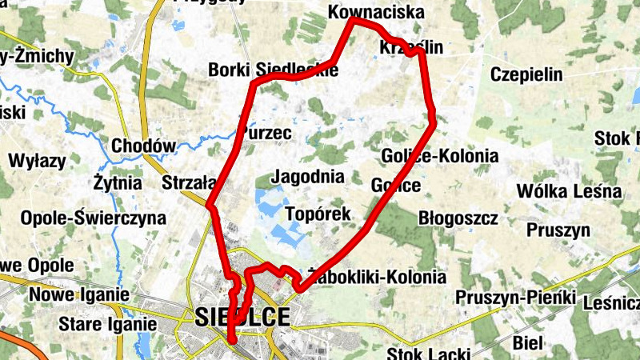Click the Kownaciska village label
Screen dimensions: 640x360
pyautogui.click(x=376, y=14)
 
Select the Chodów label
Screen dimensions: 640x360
pyautogui.click(x=143, y=146)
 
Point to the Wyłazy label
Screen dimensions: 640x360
pyautogui.click(x=37, y=161)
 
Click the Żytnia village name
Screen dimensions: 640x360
pyautogui.click(x=118, y=183)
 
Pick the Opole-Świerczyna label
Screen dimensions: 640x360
pyautogui.click(x=94, y=218)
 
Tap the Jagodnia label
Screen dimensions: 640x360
pyautogui.click(x=308, y=177)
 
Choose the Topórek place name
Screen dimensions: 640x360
pyautogui.click(x=318, y=214)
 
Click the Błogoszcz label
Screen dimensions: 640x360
pyautogui.click(x=458, y=218)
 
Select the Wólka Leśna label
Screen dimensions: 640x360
pyautogui.click(x=569, y=191)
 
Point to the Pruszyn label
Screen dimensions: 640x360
pyautogui.click(x=558, y=231)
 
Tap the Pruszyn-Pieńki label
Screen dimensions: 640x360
pyautogui.click(x=516, y=298)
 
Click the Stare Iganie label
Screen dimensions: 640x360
pyautogui.click(x=108, y=325)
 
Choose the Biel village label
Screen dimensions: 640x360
pyautogui.click(x=529, y=343)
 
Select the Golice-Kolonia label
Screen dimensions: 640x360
pyautogui.click(x=440, y=156)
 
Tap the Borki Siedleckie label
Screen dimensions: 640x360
pyautogui.click(x=272, y=70)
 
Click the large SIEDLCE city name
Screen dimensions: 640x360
pyautogui.click(x=242, y=317)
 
